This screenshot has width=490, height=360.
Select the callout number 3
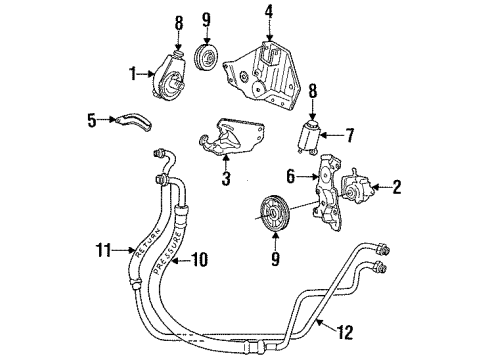coord(226,180)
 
